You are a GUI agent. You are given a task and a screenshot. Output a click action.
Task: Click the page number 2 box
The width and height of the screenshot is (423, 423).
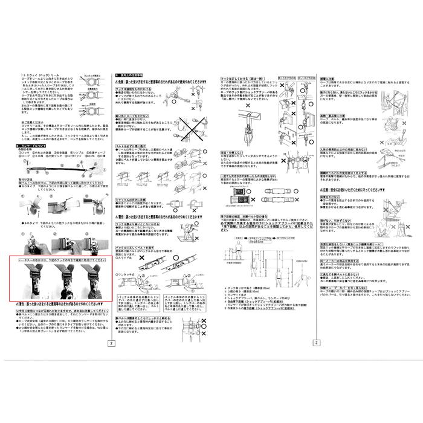pos(110,343)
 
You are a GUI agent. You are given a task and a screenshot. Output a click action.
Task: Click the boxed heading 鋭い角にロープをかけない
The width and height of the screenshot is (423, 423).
pos(132,114)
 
